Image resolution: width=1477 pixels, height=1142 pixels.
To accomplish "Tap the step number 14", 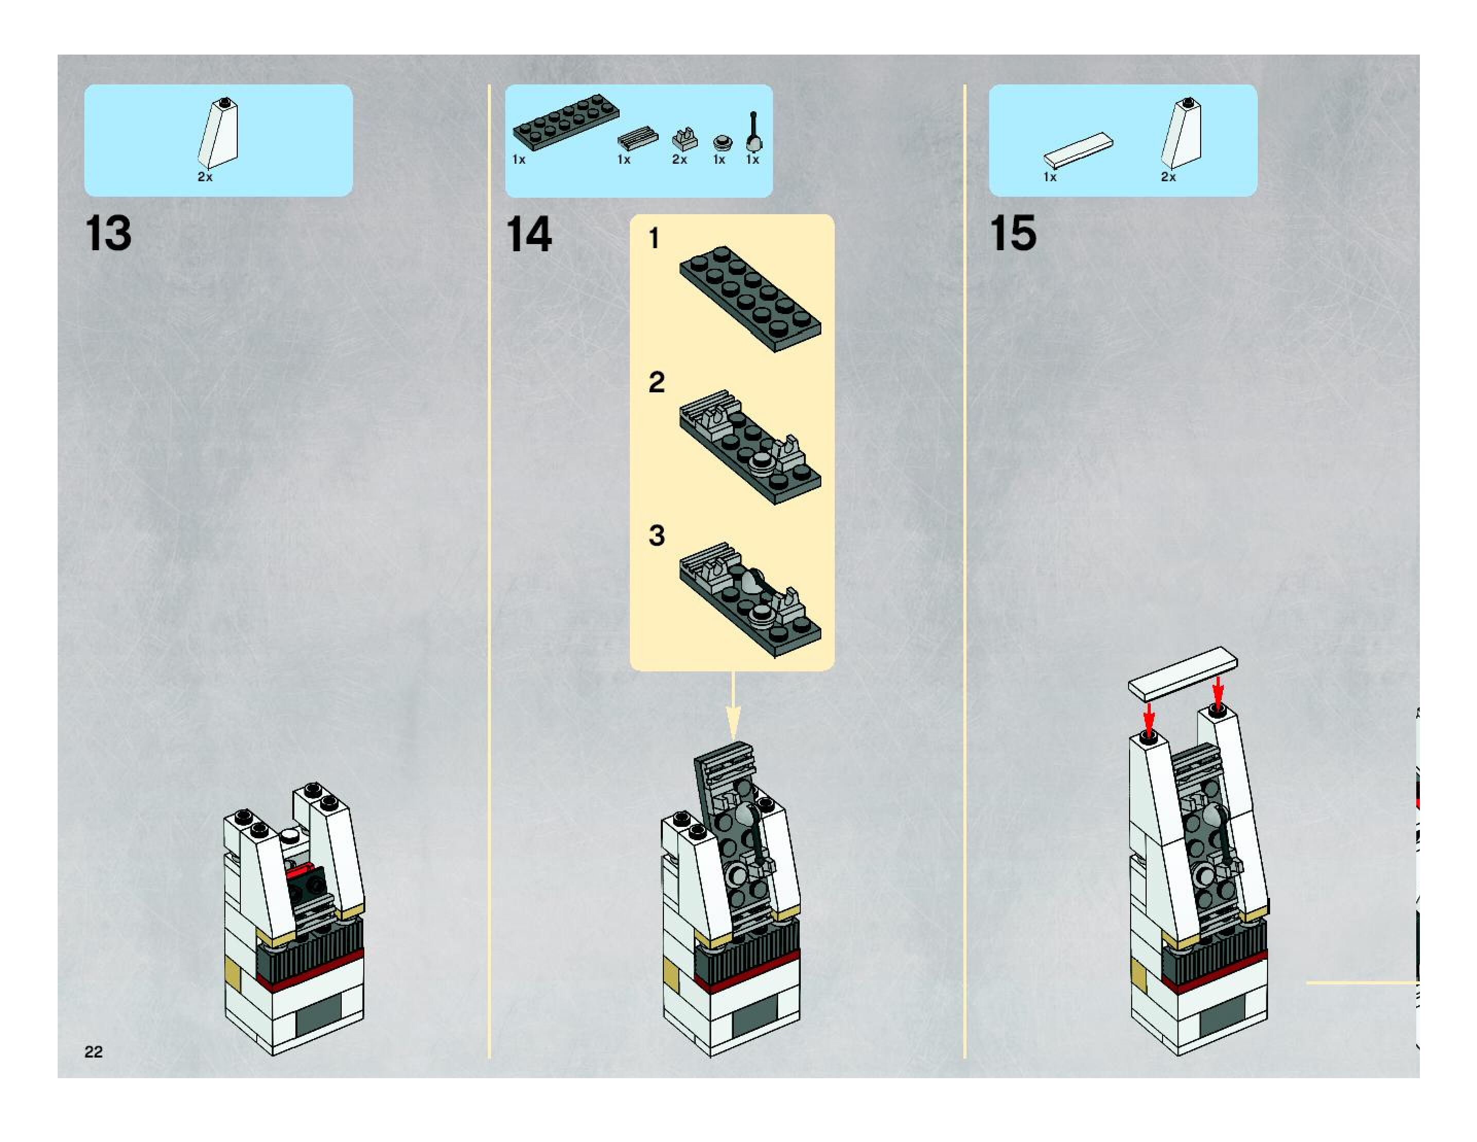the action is click(529, 235).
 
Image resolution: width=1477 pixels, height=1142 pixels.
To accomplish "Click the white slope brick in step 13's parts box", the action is click(218, 133).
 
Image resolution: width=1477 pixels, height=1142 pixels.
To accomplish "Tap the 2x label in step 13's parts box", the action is click(205, 177).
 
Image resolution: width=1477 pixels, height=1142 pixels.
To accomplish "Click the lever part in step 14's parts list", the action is click(754, 132).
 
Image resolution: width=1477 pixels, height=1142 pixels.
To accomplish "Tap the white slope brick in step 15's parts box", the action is click(1182, 133).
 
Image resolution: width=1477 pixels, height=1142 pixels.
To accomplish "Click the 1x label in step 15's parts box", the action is click(1049, 177).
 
